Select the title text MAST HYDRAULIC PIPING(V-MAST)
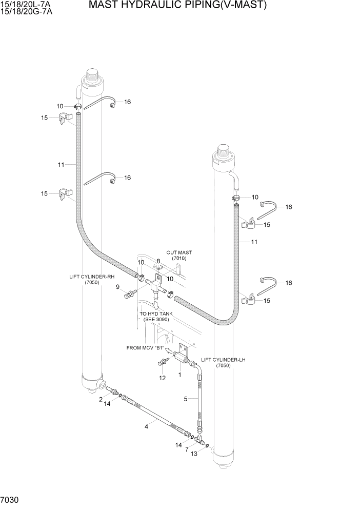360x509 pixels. point(177,6)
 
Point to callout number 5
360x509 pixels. point(186,399)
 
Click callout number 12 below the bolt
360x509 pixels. point(162,378)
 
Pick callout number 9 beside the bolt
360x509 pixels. point(117,287)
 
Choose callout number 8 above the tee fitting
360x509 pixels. point(158,261)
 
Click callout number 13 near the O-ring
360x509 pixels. point(194,454)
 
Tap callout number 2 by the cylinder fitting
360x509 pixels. point(101,399)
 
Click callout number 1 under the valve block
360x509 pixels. point(180,375)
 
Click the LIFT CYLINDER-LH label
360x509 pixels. point(223,363)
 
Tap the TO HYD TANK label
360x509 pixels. point(156,316)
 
